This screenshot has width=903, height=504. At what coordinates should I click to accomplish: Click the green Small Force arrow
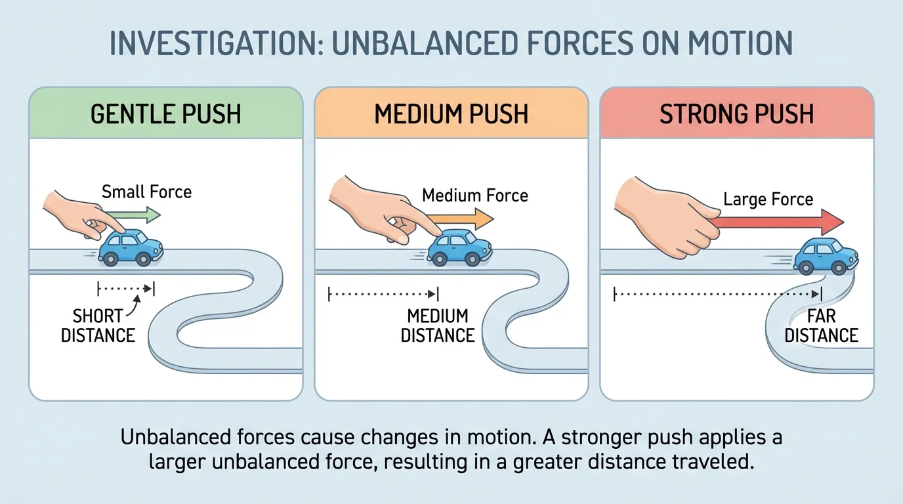[138, 215]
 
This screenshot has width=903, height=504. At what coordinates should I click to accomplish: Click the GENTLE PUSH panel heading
[166, 114]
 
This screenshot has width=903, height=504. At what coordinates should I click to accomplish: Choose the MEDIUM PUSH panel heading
[451, 114]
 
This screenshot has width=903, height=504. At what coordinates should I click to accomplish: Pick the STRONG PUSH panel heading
[737, 114]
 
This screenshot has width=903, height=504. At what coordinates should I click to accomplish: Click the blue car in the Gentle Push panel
[131, 247]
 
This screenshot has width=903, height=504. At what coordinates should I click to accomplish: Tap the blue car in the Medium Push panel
[461, 247]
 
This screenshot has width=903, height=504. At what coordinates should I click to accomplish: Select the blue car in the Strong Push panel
[826, 256]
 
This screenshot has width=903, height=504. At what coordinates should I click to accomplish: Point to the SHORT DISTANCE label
[98, 325]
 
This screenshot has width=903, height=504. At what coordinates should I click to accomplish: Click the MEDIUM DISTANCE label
[438, 325]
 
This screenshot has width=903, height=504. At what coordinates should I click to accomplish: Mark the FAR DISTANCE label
[822, 325]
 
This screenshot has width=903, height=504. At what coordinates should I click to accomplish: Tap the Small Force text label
[146, 192]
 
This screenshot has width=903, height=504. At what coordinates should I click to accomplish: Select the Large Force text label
[768, 199]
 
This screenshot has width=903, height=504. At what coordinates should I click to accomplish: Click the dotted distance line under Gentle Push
[125, 287]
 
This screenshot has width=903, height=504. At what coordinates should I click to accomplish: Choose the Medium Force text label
[474, 196]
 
